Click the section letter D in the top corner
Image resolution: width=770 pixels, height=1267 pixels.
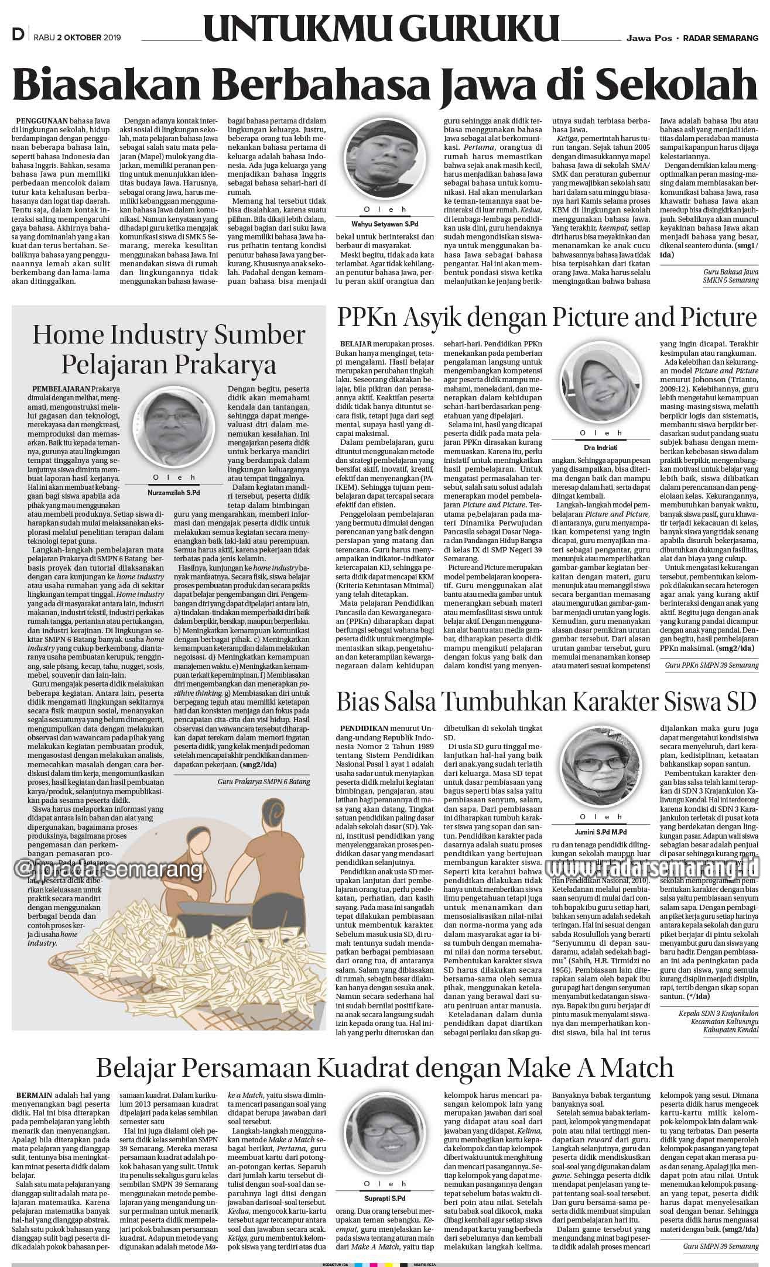pyautogui.click(x=18, y=36)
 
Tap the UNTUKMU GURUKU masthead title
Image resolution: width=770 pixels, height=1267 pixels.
pyautogui.click(x=381, y=29)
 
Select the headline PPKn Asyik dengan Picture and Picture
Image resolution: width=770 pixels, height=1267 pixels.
pyautogui.click(x=546, y=318)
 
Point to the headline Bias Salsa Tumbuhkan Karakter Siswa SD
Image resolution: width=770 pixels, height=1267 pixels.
pyautogui.click(x=546, y=701)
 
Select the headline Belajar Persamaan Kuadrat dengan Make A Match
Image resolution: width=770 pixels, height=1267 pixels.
pyautogui.click(x=385, y=1067)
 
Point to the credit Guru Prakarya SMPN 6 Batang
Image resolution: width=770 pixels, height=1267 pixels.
pyautogui.click(x=263, y=781)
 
